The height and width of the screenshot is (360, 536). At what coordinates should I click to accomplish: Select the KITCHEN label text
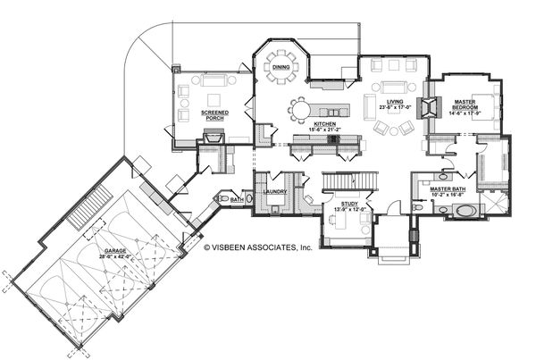point(323,123)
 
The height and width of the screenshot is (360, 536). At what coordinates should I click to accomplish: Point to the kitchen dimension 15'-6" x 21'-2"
point(323,130)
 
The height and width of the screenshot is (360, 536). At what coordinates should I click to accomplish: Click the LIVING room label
point(394,103)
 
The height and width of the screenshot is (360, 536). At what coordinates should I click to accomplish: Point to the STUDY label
point(348,205)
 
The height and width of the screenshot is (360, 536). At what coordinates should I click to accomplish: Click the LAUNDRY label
point(274,190)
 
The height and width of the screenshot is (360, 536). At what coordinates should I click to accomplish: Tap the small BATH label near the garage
point(236,200)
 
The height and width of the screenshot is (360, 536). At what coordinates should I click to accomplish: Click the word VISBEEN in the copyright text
point(238,247)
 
